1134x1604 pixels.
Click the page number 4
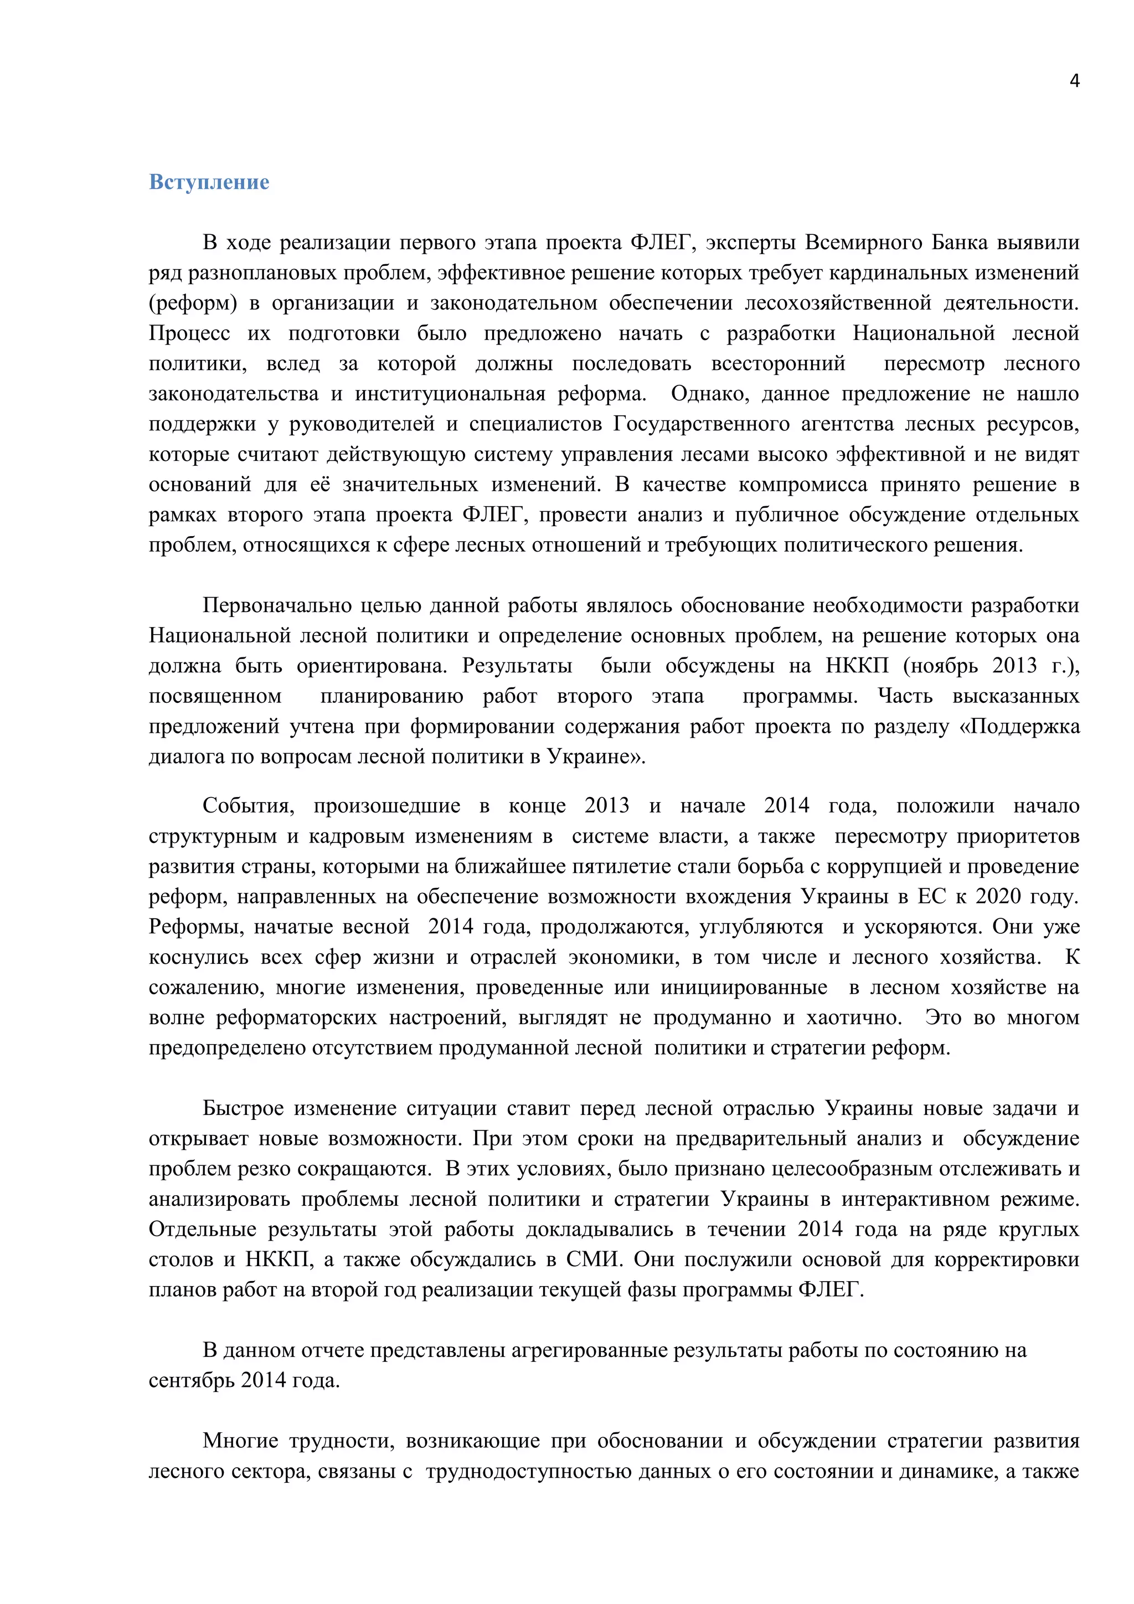click(1074, 81)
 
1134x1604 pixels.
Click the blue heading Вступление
click(209, 182)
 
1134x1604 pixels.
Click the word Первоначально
click(276, 606)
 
